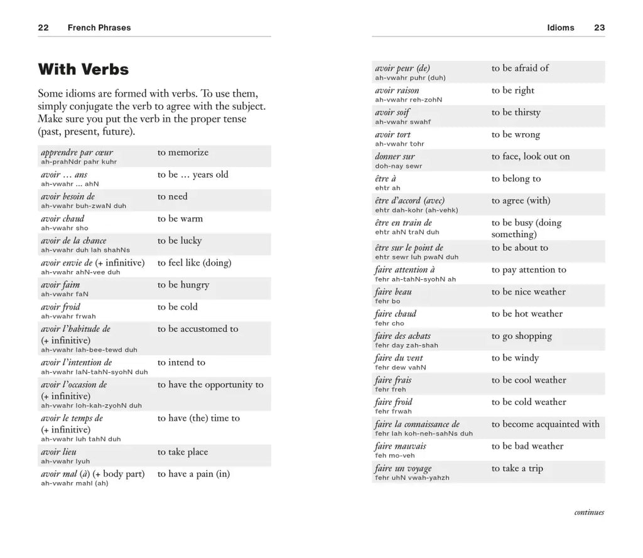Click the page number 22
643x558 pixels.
point(43,28)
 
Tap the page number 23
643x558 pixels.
point(599,28)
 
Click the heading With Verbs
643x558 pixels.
point(83,69)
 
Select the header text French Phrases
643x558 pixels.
point(99,28)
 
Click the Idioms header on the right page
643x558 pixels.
point(560,28)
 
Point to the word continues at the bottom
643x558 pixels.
point(589,512)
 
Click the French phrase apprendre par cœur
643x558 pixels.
point(77,153)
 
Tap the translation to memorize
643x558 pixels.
point(183,153)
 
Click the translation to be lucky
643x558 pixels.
point(180,240)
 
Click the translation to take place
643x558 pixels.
point(183,452)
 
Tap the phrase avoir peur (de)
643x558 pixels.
point(403,68)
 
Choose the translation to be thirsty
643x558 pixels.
point(516,112)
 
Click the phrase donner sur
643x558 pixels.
point(395,157)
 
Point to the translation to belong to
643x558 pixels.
point(516,179)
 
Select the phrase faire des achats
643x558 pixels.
point(403,336)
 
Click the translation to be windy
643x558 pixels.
point(515,358)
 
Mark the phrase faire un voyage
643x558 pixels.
point(403,469)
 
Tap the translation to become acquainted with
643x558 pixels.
point(545,424)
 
